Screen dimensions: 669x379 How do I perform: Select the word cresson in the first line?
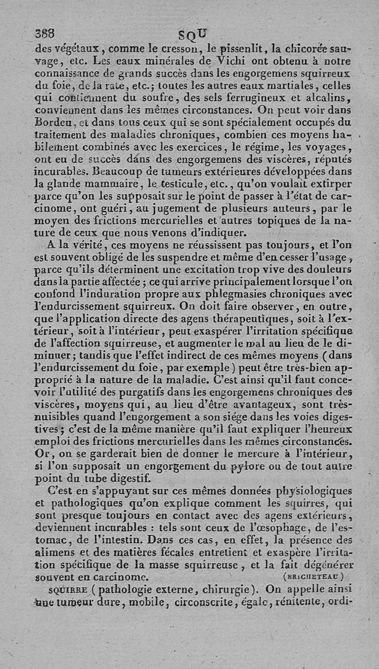[175, 47]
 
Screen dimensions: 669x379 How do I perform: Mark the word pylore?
[254, 467]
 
